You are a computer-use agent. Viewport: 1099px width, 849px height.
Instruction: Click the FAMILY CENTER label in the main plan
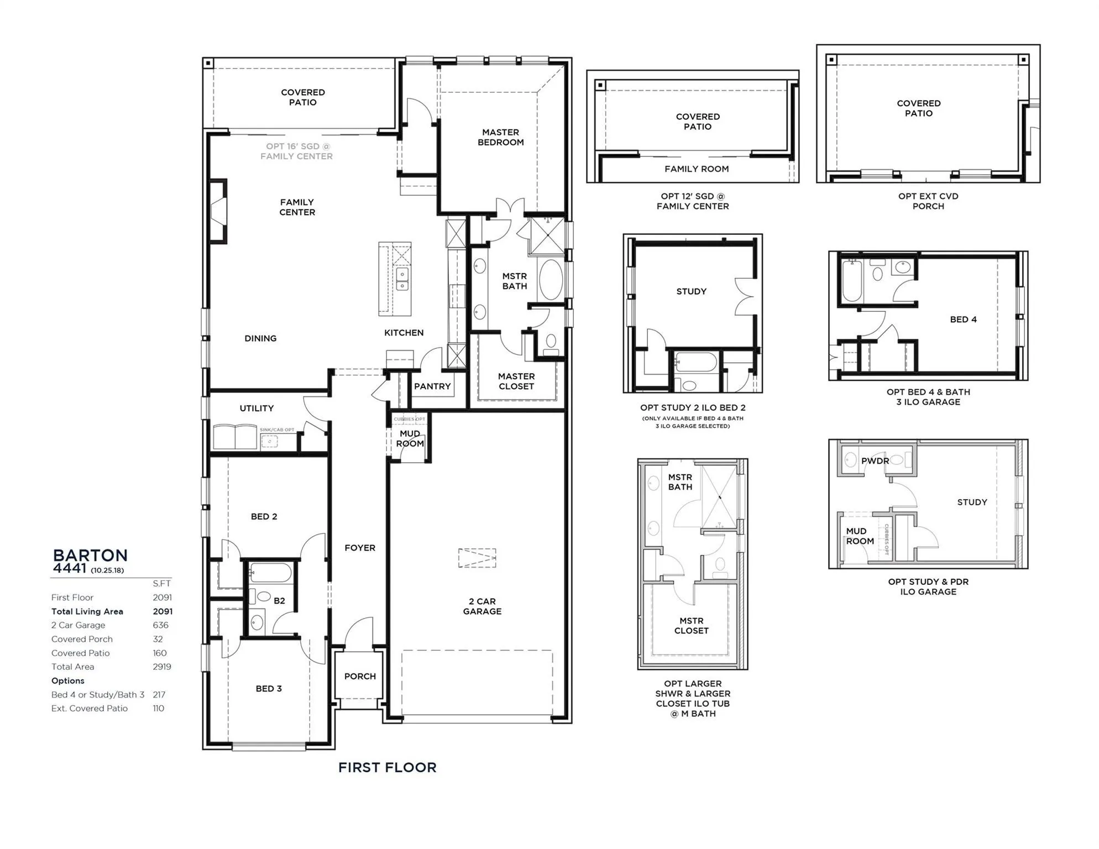tap(297, 207)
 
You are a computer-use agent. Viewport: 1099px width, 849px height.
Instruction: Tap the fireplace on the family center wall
tap(218, 211)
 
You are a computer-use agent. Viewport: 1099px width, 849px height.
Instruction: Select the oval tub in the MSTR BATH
tap(551, 280)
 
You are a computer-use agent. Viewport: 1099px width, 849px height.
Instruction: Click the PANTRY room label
tap(432, 386)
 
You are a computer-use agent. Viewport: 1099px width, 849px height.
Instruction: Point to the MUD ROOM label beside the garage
tap(410, 438)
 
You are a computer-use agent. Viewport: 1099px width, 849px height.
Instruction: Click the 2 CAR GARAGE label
tap(482, 606)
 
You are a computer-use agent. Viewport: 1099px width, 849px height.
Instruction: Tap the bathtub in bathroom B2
tap(270, 573)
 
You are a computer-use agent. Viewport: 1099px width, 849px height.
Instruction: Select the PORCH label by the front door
tap(360, 676)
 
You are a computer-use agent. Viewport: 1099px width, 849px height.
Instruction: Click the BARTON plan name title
tap(90, 555)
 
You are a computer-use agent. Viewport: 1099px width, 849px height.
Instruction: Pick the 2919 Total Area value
tap(162, 667)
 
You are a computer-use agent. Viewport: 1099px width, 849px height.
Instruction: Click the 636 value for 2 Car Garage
tap(161, 625)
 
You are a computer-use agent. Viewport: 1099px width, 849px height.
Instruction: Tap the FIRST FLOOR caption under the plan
tap(387, 767)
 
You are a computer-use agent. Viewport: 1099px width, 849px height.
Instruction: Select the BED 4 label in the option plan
tap(963, 319)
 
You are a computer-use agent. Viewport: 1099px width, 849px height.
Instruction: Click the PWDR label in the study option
tap(875, 461)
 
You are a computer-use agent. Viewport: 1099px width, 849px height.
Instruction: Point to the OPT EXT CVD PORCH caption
tap(928, 201)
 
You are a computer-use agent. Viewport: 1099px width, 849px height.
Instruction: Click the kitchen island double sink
tap(402, 279)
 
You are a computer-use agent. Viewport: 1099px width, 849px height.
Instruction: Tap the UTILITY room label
tap(257, 408)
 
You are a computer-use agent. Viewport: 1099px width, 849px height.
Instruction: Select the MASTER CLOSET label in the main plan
tap(516, 381)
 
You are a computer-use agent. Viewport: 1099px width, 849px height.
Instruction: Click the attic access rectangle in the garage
tap(477, 558)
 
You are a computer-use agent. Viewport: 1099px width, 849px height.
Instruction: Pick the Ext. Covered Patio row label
tap(90, 709)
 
